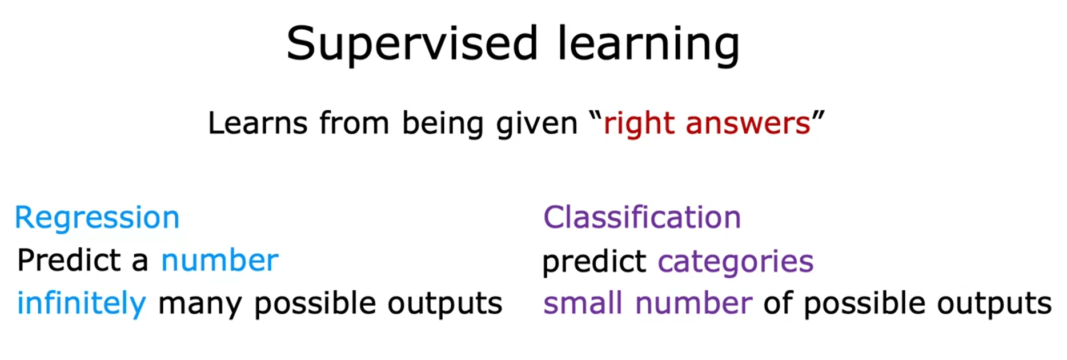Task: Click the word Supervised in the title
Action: (412, 44)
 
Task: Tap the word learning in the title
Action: (648, 44)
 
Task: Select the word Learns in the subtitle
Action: (258, 123)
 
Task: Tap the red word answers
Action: (748, 123)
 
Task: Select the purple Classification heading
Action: (642, 217)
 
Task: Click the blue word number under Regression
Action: (220, 261)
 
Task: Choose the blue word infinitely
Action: (82, 303)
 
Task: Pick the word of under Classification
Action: (778, 303)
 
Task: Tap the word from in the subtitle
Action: (354, 123)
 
